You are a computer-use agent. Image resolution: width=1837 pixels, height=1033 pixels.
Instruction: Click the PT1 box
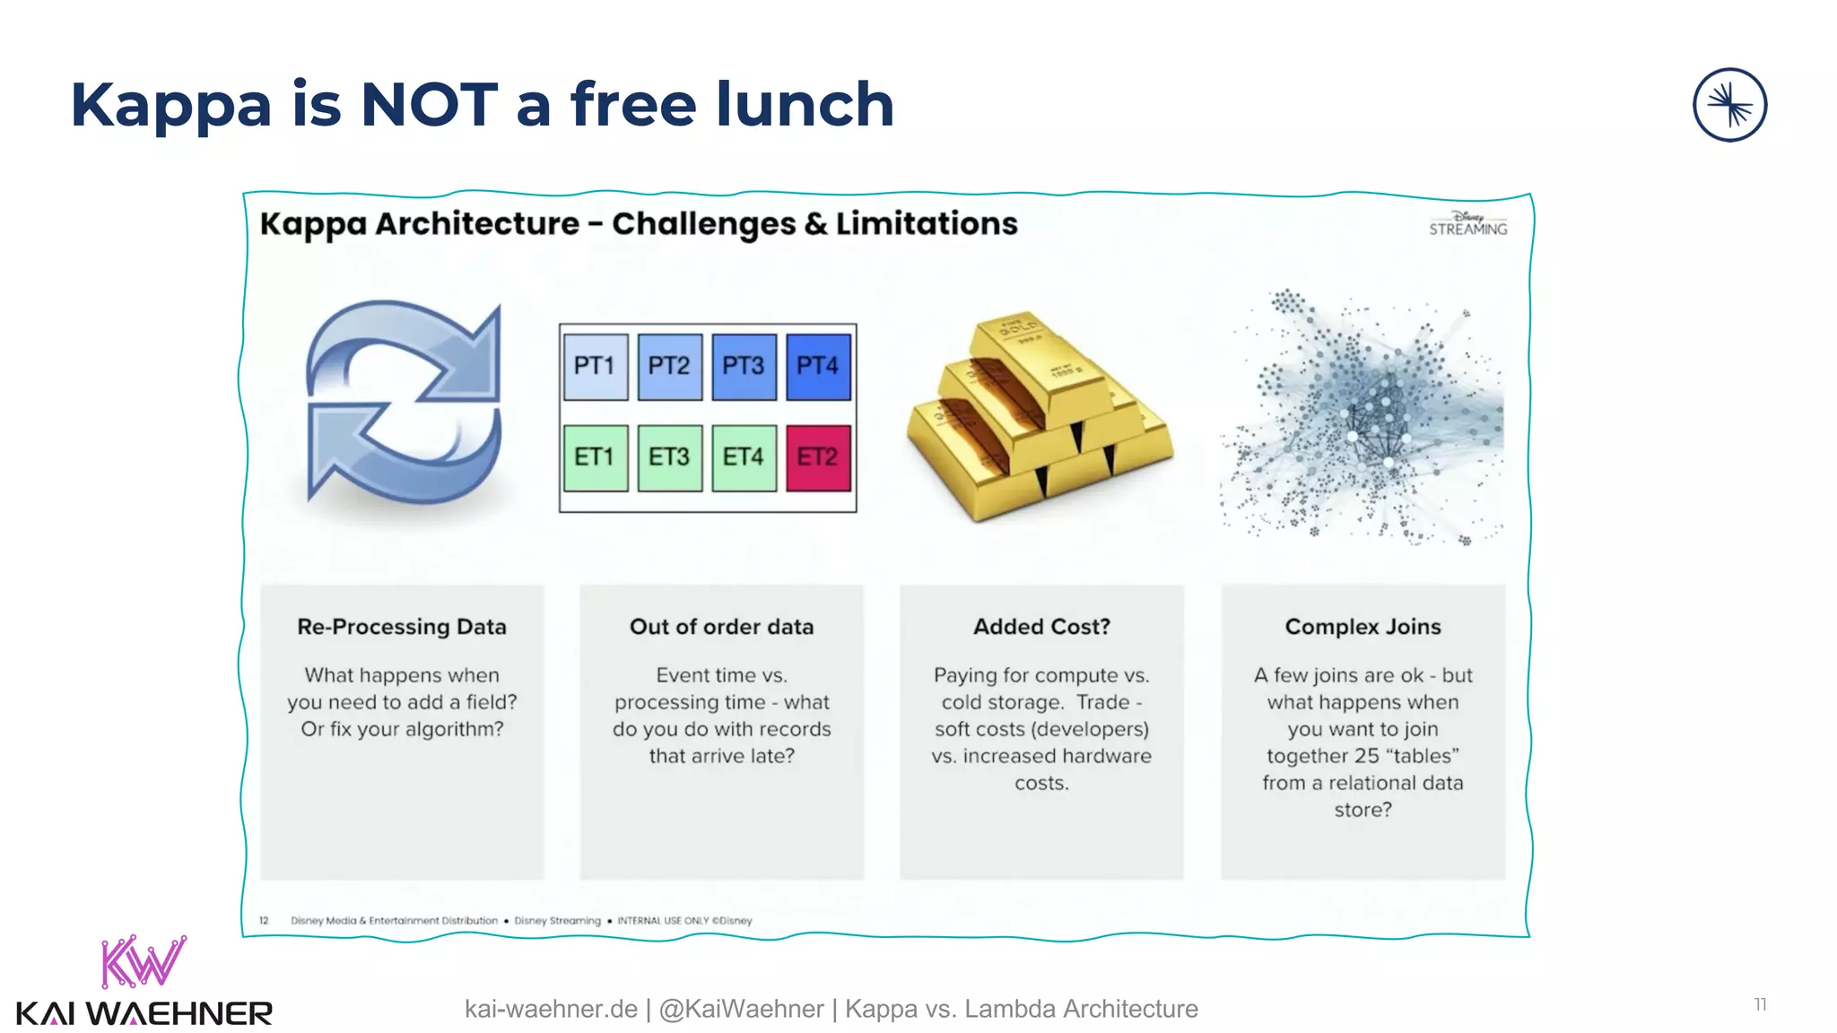pos(596,367)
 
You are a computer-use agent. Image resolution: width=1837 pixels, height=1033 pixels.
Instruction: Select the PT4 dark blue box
pos(818,367)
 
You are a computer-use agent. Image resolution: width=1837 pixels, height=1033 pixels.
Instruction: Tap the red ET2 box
pos(818,458)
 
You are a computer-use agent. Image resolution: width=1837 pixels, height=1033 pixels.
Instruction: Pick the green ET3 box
pos(670,458)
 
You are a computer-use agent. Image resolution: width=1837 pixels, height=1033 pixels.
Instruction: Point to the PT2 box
pos(670,367)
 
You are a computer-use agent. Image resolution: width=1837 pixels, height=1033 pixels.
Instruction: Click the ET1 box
pos(596,458)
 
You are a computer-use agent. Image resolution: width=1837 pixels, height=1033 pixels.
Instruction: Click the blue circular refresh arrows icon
pos(404,404)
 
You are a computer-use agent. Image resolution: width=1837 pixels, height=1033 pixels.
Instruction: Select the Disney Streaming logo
pos(1468,223)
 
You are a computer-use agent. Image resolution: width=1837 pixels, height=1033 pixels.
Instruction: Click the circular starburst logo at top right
pos(1729,105)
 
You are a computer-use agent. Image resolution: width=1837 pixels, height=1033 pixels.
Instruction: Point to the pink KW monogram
pos(144,961)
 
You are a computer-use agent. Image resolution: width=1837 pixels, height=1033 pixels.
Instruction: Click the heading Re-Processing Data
pos(402,627)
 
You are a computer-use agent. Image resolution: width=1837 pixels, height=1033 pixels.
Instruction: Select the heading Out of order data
pos(721,627)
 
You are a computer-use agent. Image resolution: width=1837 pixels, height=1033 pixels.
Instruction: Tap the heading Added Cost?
pos(1041,627)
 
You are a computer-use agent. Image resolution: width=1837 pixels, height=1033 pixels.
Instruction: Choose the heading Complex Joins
pos(1363,627)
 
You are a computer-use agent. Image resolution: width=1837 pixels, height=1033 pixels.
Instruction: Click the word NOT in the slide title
pos(429,105)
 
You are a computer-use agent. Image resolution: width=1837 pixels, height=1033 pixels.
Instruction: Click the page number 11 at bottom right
pos(1760,1004)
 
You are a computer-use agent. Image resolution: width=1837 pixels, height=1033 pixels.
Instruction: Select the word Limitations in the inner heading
pos(927,223)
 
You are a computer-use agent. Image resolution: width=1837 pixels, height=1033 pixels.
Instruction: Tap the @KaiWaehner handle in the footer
pos(741,1009)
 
